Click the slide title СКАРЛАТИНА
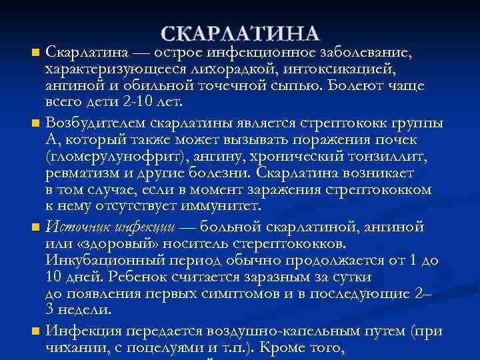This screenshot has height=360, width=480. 241,34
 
